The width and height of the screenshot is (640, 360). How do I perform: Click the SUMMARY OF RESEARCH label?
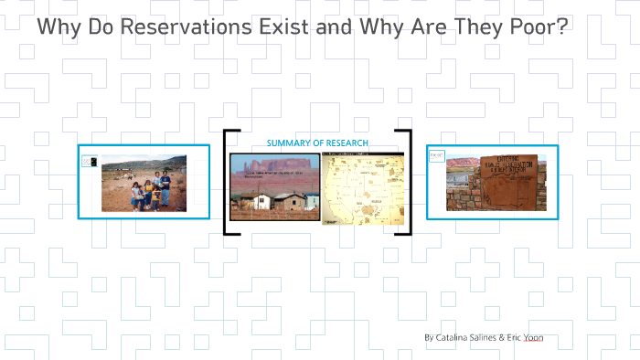pyautogui.click(x=317, y=143)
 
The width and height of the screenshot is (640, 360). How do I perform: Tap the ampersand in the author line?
pyautogui.click(x=502, y=337)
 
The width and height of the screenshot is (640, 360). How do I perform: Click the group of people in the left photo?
pyautogui.click(x=150, y=191)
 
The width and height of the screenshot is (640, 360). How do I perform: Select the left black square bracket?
pyautogui.click(x=228, y=183)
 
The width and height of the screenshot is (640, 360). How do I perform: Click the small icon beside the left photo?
pyautogui.click(x=89, y=162)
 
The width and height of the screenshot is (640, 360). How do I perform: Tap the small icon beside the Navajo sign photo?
pyautogui.click(x=437, y=156)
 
